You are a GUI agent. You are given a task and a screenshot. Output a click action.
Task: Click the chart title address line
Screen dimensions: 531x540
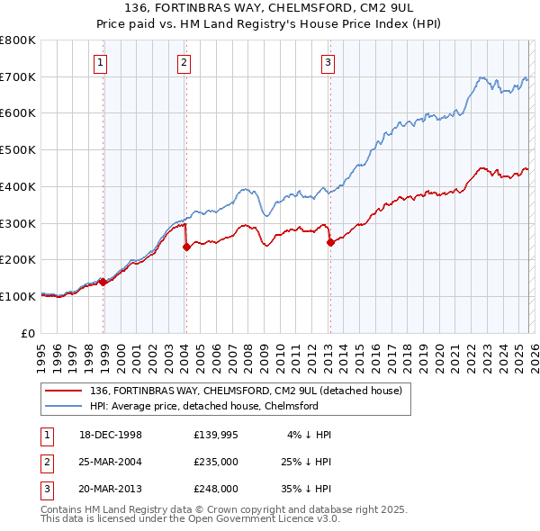[x=269, y=9]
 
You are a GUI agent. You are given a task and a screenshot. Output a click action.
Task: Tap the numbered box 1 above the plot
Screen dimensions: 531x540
[x=99, y=62]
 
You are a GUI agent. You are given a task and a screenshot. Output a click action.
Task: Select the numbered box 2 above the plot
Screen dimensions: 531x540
[x=183, y=62]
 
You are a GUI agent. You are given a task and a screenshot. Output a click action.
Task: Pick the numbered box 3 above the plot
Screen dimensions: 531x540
[x=328, y=62]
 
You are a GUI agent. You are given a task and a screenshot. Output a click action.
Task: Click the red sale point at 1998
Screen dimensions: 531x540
[x=103, y=282]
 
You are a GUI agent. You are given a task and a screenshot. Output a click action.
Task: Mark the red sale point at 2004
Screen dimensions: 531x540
[x=185, y=247]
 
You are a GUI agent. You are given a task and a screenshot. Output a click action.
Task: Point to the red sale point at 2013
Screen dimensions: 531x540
[x=330, y=242]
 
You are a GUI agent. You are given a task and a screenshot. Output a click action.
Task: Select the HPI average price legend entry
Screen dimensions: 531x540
[x=204, y=406]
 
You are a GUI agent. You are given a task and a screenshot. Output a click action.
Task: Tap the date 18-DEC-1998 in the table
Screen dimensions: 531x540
[x=111, y=435]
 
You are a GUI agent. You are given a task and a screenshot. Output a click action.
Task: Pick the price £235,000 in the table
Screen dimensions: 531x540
[x=215, y=462]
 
